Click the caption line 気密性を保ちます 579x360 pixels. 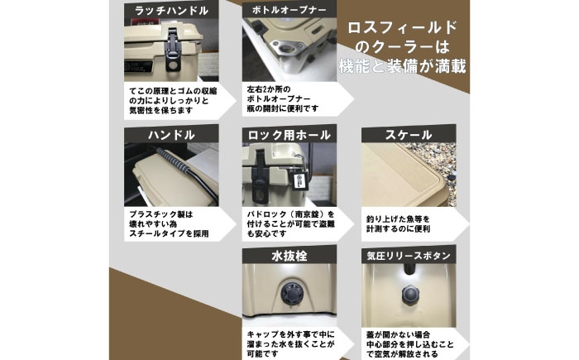(x=156, y=110)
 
